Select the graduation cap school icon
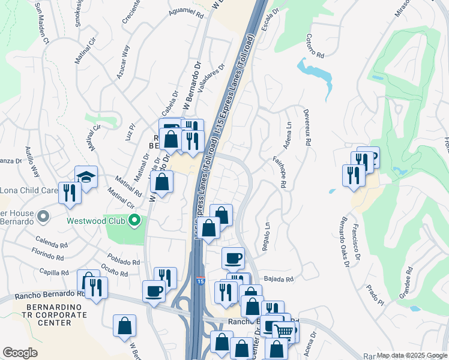(x=86, y=178)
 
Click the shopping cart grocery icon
(x=284, y=331)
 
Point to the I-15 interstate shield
(x=199, y=281)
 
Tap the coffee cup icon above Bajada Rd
(x=233, y=259)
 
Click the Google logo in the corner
(x=20, y=353)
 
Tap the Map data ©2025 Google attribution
(x=411, y=355)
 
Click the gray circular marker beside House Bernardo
(x=42, y=215)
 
